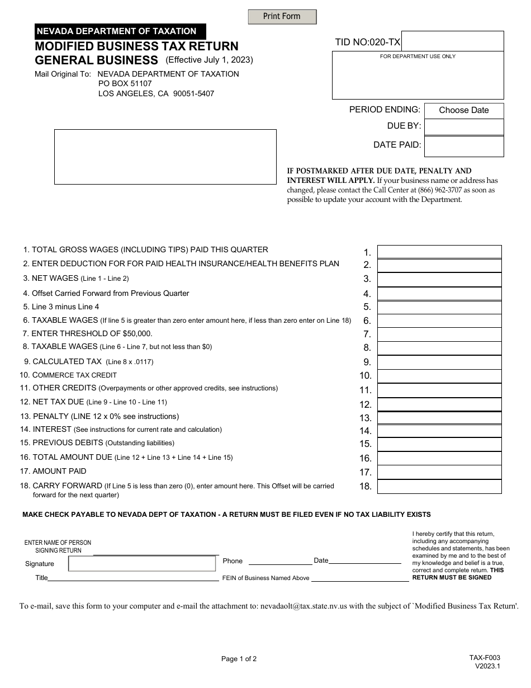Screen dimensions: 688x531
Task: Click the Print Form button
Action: [282, 17]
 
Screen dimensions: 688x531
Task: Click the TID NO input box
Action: [452, 41]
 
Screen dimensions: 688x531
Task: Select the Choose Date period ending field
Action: [464, 110]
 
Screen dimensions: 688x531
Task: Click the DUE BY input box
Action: [464, 127]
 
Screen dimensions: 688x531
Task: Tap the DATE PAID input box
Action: [464, 146]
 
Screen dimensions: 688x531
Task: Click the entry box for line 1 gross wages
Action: [439, 252]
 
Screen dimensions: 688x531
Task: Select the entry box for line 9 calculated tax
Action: [439, 362]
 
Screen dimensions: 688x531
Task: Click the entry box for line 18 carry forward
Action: [439, 487]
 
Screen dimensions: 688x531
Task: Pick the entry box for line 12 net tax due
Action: [439, 404]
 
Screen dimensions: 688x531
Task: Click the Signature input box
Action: [143, 564]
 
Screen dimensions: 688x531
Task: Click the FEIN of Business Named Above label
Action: [265, 578]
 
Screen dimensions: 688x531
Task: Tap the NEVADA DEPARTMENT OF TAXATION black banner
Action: [120, 31]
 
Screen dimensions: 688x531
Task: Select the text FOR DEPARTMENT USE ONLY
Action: [418, 56]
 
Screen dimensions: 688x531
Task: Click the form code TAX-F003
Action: [485, 658]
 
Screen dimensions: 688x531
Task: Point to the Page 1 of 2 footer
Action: [239, 659]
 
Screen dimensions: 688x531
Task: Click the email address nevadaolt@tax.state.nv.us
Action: [304, 606]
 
